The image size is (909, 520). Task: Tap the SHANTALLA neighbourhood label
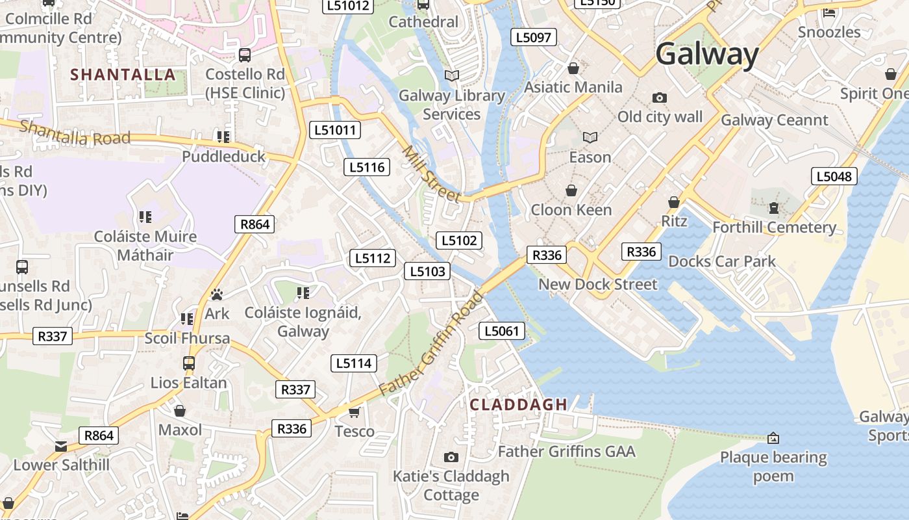[123, 75]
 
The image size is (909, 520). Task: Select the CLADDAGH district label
[519, 404]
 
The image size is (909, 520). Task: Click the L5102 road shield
[459, 240]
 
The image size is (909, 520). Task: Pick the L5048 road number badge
[834, 176]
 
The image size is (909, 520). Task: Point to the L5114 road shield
[354, 363]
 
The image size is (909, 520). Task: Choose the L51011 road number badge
[335, 130]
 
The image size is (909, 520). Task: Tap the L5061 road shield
[502, 331]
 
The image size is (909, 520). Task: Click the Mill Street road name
[431, 174]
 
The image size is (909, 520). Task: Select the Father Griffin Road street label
[432, 343]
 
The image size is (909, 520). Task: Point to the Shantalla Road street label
[75, 131]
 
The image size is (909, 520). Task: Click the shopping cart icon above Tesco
[355, 412]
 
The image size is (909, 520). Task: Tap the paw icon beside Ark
[216, 294]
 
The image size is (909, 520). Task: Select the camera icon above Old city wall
[659, 97]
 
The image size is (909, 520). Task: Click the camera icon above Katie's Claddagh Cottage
[451, 458]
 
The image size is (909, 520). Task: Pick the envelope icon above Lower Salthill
[61, 446]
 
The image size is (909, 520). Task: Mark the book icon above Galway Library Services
[451, 75]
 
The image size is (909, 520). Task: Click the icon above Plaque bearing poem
[773, 438]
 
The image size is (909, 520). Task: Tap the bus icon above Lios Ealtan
[189, 363]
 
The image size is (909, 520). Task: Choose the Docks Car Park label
[722, 261]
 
